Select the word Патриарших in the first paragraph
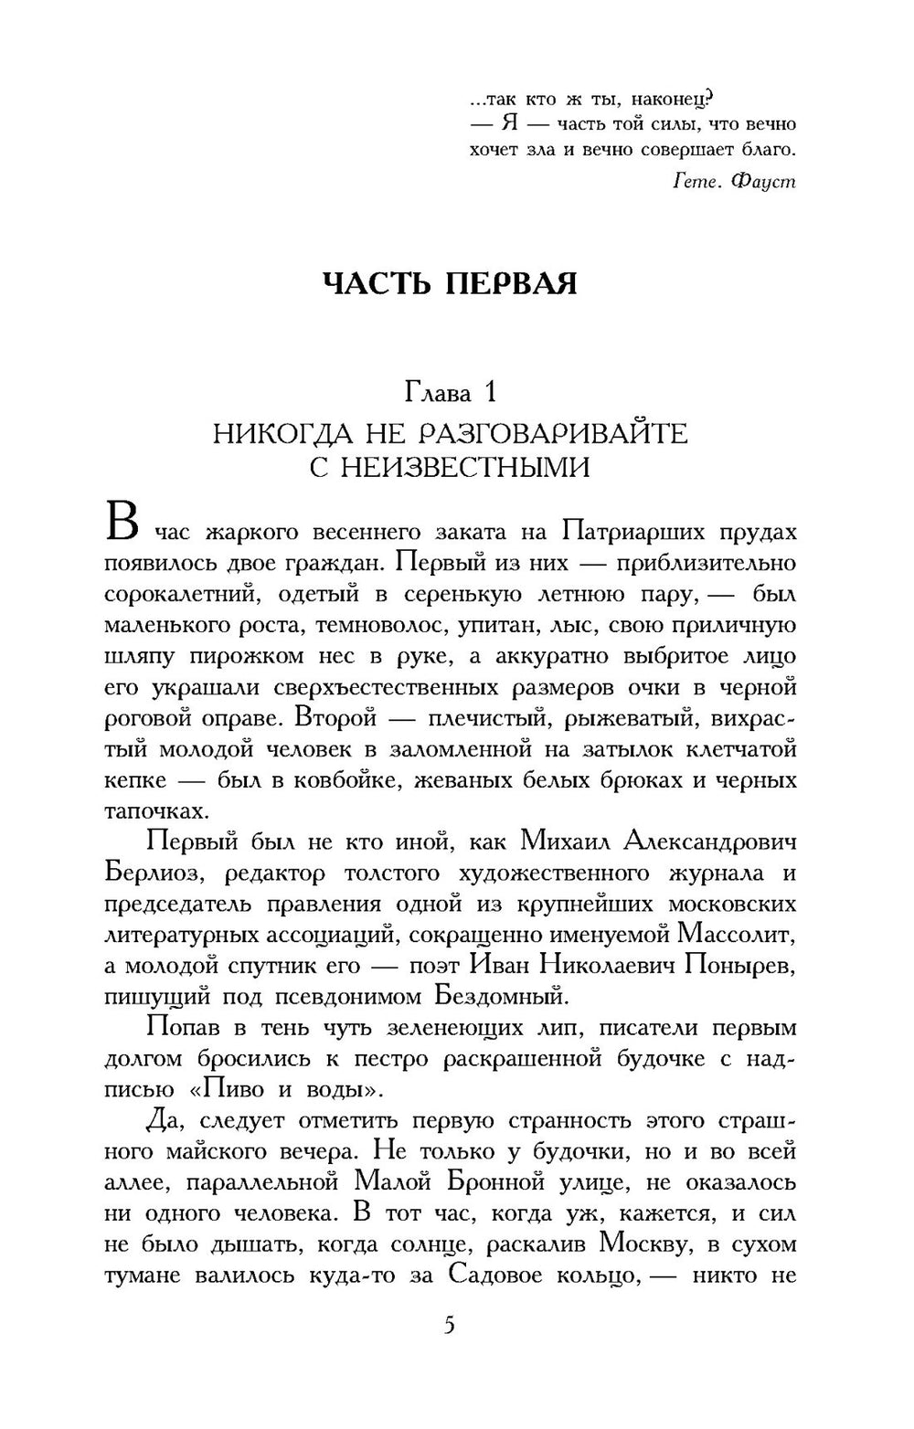tap(632, 532)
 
